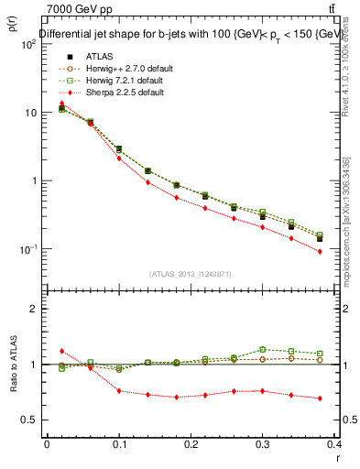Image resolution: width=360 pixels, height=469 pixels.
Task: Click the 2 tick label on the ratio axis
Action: pos(34,309)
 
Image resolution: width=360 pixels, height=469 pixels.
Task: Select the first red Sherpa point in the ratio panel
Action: pos(61,351)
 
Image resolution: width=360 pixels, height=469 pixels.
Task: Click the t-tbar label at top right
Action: pos(343,8)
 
